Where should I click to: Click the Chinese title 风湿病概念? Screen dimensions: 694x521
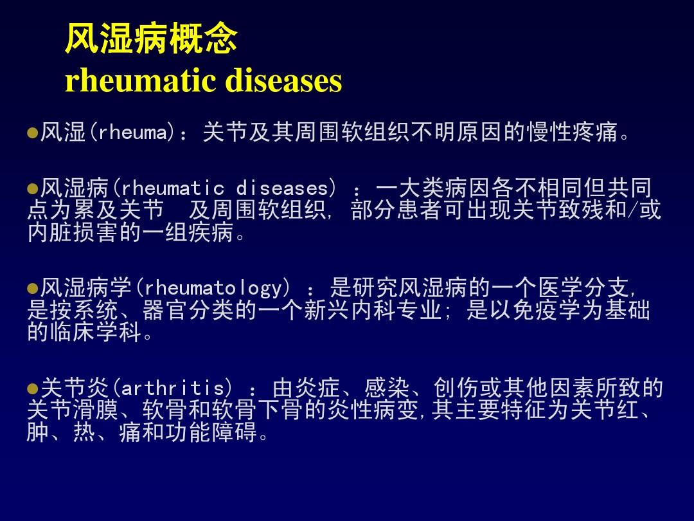[x=151, y=38]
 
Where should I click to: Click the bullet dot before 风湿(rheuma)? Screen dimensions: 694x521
[x=32, y=133]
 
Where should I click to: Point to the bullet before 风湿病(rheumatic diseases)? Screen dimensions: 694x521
[x=32, y=189]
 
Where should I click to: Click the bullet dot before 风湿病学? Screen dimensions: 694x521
[x=32, y=289]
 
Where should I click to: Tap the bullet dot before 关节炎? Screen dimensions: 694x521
[x=32, y=389]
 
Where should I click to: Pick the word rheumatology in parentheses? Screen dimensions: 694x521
[x=213, y=288]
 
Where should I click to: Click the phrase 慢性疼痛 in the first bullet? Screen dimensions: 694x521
[x=572, y=132]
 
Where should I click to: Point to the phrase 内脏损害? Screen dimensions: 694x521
[x=73, y=232]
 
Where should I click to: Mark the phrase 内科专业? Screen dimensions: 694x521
[x=396, y=309]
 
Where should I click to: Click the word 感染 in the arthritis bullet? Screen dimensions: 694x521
[x=387, y=388]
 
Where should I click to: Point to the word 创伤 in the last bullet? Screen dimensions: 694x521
[x=456, y=388]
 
